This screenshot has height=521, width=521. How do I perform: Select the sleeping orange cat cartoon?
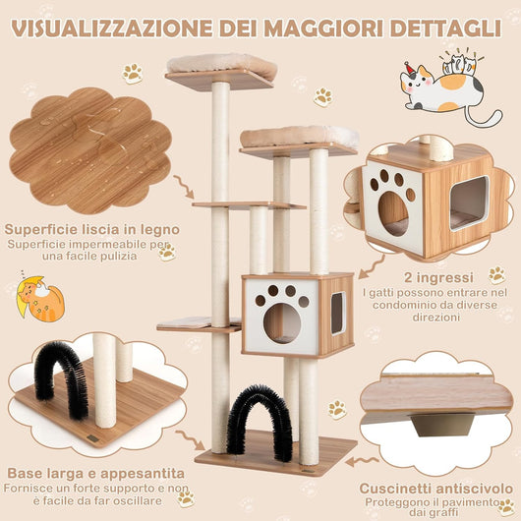point(40,297)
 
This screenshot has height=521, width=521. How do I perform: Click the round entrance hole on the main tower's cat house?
point(282,321)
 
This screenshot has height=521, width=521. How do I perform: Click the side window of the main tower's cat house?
point(337,313)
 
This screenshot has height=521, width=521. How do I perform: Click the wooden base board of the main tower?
point(275,453)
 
